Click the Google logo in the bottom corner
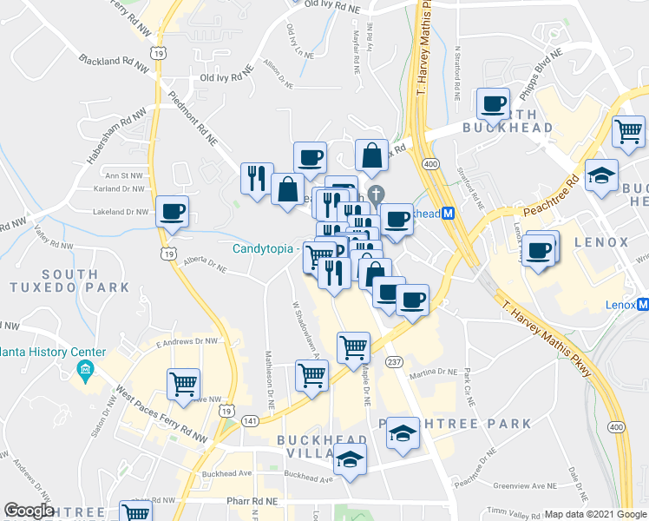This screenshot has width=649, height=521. tap(29, 511)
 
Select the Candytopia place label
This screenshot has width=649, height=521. tap(265, 248)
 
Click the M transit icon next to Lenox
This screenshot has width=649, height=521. tap(642, 305)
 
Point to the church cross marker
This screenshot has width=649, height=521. tap(375, 193)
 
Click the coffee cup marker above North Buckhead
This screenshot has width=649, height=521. tap(494, 104)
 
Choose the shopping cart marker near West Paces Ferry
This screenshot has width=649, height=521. tap(183, 383)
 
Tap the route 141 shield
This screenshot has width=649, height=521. tap(251, 421)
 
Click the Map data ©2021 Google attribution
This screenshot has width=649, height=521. tap(596, 514)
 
